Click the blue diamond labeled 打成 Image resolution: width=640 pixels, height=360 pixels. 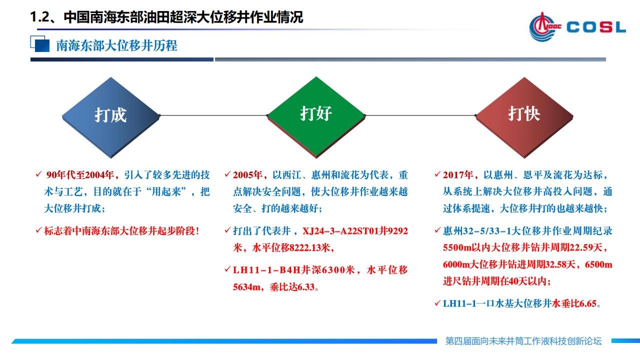tap(111, 117)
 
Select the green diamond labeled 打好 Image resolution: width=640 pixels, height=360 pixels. tap(316, 117)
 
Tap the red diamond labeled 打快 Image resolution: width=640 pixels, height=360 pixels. tap(524, 117)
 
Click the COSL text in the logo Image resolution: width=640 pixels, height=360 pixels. tap(596, 27)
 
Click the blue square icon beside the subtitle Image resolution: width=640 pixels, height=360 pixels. tap(40, 44)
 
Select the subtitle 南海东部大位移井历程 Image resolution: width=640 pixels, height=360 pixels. tap(116, 45)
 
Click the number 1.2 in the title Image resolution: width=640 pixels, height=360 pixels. tap(40, 17)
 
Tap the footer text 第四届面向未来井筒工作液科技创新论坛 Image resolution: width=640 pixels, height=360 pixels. tap(523, 341)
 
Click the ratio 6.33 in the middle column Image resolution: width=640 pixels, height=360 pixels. tap(305, 287)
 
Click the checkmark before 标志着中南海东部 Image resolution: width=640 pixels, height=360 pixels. tap(38, 230)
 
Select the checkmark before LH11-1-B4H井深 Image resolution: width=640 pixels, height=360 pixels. tap(227, 269)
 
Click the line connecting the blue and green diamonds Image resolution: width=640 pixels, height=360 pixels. tap(213, 115)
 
